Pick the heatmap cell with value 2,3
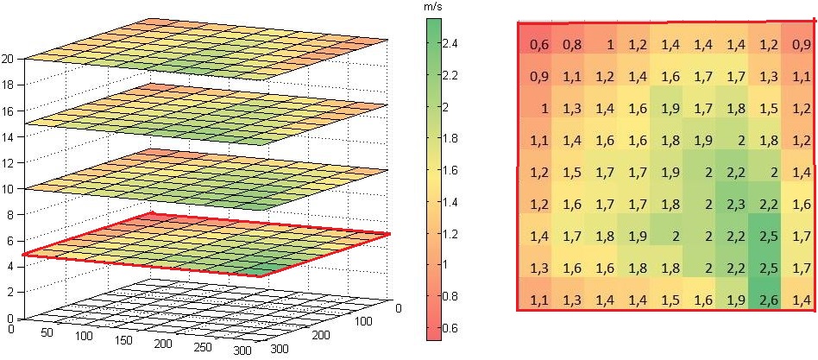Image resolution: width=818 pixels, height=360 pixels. pos(736,204)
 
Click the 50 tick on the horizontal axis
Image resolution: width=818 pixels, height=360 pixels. pos(48,334)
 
